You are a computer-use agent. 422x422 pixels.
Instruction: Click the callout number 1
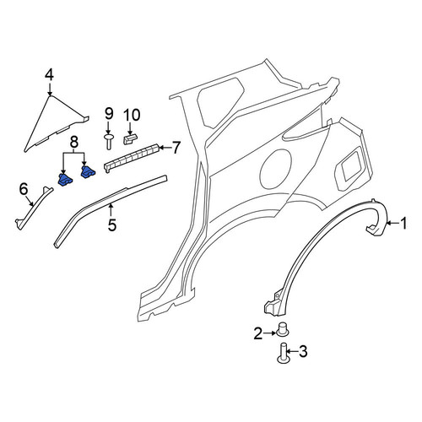pyautogui.click(x=403, y=223)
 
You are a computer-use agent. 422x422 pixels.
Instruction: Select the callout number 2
pyautogui.click(x=257, y=333)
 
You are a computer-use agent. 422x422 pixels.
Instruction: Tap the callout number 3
pyautogui.click(x=303, y=352)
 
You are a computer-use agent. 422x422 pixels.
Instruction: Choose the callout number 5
pyautogui.click(x=112, y=225)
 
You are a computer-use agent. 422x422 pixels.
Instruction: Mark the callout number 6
pyautogui.click(x=24, y=188)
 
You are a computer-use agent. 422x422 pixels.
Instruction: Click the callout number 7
pyautogui.click(x=176, y=148)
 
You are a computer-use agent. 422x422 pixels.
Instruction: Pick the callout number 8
pyautogui.click(x=73, y=143)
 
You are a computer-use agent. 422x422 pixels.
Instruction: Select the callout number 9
pyautogui.click(x=109, y=114)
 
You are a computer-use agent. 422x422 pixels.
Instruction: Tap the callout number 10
pyautogui.click(x=132, y=115)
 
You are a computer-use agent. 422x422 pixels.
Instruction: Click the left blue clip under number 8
pyautogui.click(x=65, y=180)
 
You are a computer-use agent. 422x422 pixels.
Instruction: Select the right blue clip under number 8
pyautogui.click(x=88, y=172)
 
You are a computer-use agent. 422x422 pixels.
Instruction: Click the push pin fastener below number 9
pyautogui.click(x=109, y=142)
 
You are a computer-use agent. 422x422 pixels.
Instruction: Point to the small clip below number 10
pyautogui.click(x=131, y=138)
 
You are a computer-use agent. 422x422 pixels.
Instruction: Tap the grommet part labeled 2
pyautogui.click(x=283, y=329)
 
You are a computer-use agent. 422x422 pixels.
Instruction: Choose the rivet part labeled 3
pyautogui.click(x=284, y=353)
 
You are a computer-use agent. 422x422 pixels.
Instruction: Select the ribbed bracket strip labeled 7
pyautogui.click(x=132, y=158)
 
